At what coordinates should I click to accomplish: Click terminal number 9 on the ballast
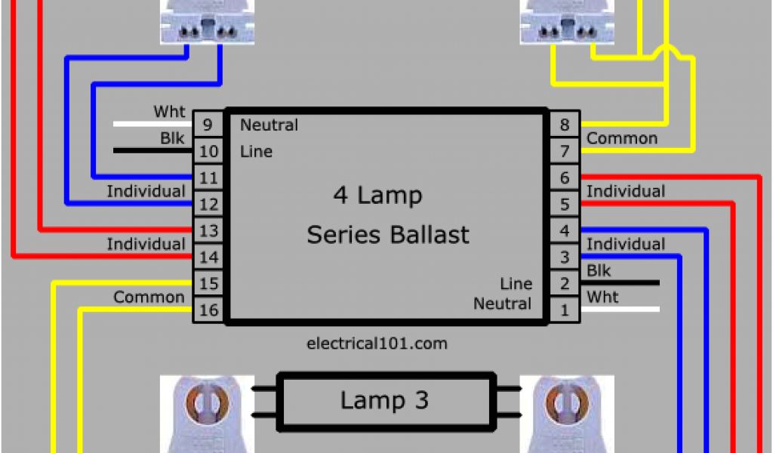pyautogui.click(x=208, y=125)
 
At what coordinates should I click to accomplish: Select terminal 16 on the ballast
pyautogui.click(x=208, y=310)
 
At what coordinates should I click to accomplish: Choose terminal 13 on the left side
pyautogui.click(x=208, y=230)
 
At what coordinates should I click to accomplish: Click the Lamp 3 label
pyautogui.click(x=384, y=400)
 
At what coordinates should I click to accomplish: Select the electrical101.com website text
pyautogui.click(x=377, y=344)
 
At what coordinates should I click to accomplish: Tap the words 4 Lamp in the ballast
pyautogui.click(x=377, y=196)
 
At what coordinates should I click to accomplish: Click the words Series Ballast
pyautogui.click(x=387, y=234)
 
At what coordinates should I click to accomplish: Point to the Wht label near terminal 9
pyautogui.click(x=169, y=112)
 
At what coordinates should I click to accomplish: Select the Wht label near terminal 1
pyautogui.click(x=602, y=297)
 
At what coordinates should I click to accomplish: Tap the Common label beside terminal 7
pyautogui.click(x=621, y=138)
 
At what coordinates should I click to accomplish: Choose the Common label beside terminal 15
pyautogui.click(x=149, y=297)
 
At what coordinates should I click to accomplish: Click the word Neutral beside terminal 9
pyautogui.click(x=269, y=125)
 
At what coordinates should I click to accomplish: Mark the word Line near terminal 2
pyautogui.click(x=516, y=284)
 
